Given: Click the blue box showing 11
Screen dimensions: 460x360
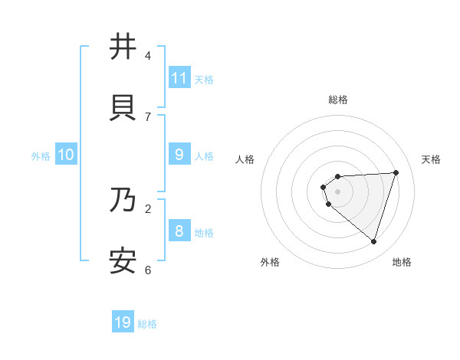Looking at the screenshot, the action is pyautogui.click(x=179, y=78).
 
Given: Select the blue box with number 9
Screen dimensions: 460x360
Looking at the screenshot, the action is pyautogui.click(x=179, y=155).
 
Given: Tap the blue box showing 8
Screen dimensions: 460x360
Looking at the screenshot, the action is pyautogui.click(x=179, y=231).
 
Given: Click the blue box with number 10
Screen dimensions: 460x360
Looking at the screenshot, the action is pyautogui.click(x=66, y=155).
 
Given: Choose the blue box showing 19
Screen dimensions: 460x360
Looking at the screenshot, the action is pyautogui.click(x=123, y=322).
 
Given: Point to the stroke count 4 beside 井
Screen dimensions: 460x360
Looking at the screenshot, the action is pyautogui.click(x=148, y=56).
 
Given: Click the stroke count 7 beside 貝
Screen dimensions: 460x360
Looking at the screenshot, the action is pyautogui.click(x=148, y=116).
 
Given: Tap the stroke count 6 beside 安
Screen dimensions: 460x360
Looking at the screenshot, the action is pyautogui.click(x=148, y=270).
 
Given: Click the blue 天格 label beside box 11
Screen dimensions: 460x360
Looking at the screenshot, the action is pyautogui.click(x=204, y=79).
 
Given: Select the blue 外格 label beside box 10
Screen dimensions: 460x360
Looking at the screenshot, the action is pyautogui.click(x=41, y=155).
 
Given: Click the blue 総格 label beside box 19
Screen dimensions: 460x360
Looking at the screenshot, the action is pyautogui.click(x=147, y=324).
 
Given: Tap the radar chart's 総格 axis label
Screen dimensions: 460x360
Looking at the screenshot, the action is pyautogui.click(x=338, y=100).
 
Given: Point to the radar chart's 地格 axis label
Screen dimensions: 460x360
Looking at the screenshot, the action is pyautogui.click(x=402, y=262).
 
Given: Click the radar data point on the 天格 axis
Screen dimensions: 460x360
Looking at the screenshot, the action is pyautogui.click(x=396, y=172).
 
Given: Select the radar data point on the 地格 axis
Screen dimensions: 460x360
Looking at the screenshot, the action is pyautogui.click(x=374, y=242).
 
